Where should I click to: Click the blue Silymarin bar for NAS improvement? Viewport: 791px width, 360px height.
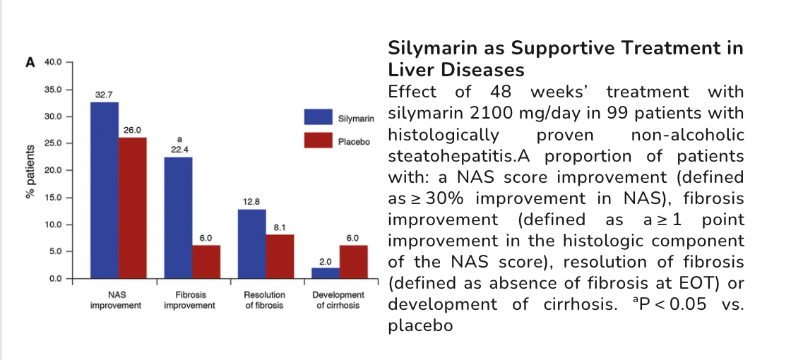(105, 191)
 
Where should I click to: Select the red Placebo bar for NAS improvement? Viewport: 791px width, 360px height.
(133, 208)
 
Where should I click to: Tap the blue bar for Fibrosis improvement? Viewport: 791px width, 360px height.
(178, 218)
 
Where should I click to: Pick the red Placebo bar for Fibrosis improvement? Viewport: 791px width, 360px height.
(206, 262)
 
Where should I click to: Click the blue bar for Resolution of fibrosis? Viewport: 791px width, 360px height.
(252, 244)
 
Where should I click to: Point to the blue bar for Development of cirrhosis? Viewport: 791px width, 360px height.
(326, 273)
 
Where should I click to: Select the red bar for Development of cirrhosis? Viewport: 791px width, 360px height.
(354, 262)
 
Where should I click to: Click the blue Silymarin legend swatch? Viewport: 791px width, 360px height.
(318, 116)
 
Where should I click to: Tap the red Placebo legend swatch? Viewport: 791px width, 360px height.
(318, 140)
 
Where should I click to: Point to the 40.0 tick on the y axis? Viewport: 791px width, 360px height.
(53, 63)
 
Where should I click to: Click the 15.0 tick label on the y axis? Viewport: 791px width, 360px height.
(53, 198)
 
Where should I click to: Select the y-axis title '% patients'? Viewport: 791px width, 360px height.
(30, 171)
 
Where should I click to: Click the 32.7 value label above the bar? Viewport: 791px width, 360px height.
(105, 94)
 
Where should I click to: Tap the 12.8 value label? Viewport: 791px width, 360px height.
(252, 201)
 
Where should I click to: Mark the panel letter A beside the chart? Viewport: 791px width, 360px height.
(30, 62)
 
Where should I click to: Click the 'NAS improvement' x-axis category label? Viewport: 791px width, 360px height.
(117, 300)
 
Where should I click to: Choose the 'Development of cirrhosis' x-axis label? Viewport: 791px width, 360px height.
(338, 300)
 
